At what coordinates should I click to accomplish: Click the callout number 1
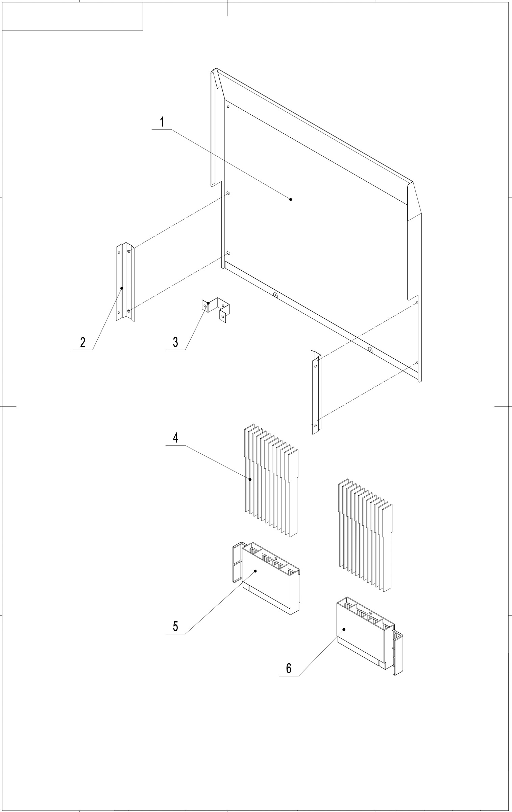tap(162, 122)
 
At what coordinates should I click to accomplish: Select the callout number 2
tap(83, 342)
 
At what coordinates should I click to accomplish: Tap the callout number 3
tap(175, 342)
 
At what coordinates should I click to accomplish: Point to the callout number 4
tap(175, 438)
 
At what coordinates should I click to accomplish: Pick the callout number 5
tap(175, 626)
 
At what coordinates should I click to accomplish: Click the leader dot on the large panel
tap(291, 200)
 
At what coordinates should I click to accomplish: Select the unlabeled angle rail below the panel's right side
tap(316, 392)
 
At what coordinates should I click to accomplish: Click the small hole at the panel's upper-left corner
tap(228, 107)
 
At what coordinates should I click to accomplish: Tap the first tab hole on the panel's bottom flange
tap(275, 295)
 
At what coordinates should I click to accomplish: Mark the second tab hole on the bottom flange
tap(370, 349)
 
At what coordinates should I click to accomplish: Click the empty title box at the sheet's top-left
tap(72, 16)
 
